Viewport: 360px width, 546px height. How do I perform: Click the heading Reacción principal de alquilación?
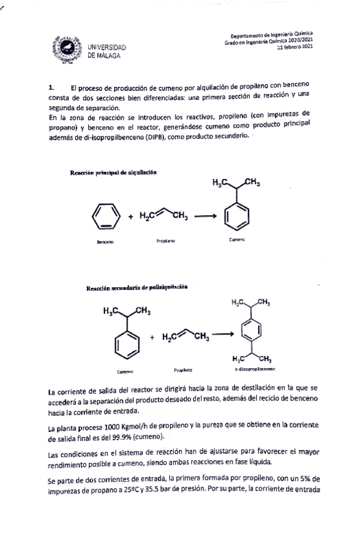click(113, 172)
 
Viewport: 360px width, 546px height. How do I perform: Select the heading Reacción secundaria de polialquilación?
click(137, 287)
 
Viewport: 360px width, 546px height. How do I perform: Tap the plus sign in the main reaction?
click(130, 217)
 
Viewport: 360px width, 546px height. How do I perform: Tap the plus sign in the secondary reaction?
click(153, 336)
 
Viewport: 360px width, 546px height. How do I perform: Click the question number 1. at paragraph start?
click(52, 87)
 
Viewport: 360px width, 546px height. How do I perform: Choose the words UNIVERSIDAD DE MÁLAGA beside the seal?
click(107, 51)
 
